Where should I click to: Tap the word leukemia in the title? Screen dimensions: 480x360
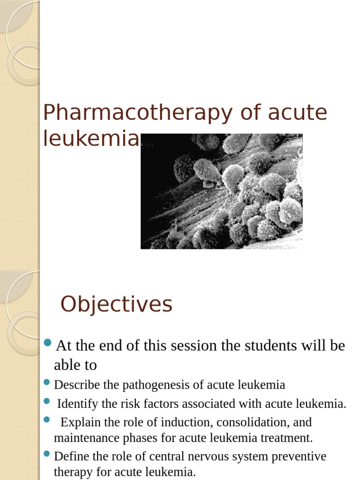click(91, 139)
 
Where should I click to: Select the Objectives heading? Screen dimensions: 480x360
click(116, 305)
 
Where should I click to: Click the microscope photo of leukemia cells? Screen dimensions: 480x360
click(221, 191)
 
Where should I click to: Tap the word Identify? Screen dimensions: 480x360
click(75, 404)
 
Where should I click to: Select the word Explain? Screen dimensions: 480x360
click(80, 422)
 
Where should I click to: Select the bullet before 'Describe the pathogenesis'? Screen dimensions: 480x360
click(47, 382)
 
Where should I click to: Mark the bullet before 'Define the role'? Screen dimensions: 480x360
click(47, 454)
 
